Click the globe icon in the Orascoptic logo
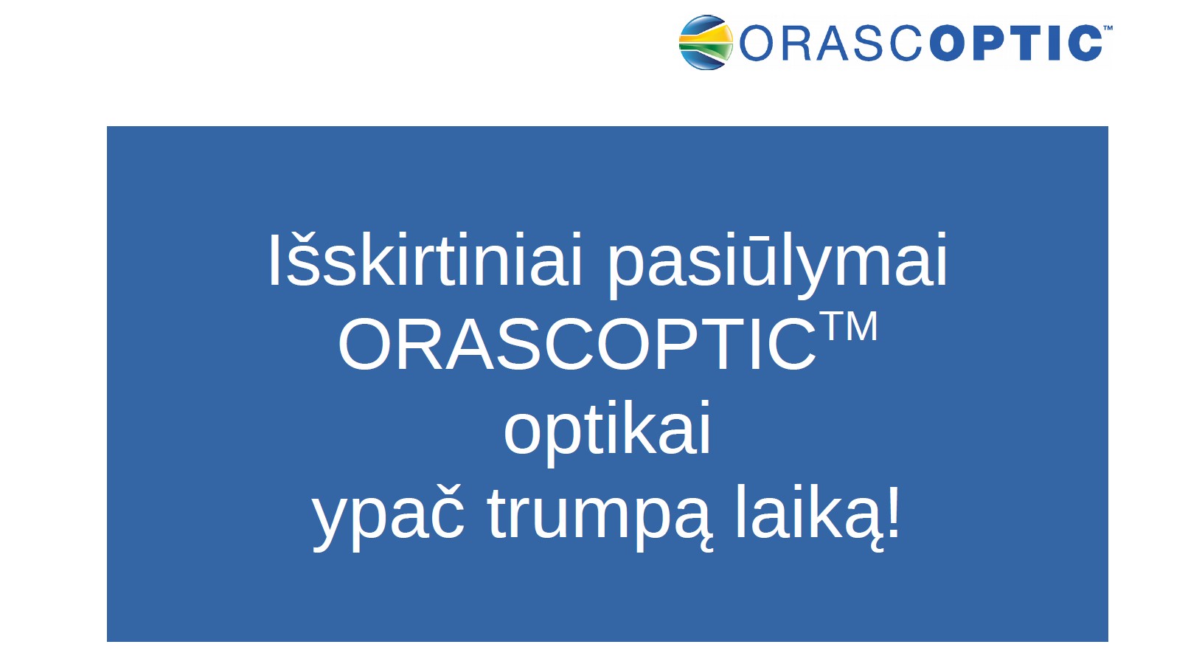click(x=706, y=42)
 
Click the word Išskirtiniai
click(x=425, y=260)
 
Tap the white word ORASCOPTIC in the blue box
click(x=577, y=344)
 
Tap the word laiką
click(x=807, y=516)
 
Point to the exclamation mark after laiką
click(x=892, y=511)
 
